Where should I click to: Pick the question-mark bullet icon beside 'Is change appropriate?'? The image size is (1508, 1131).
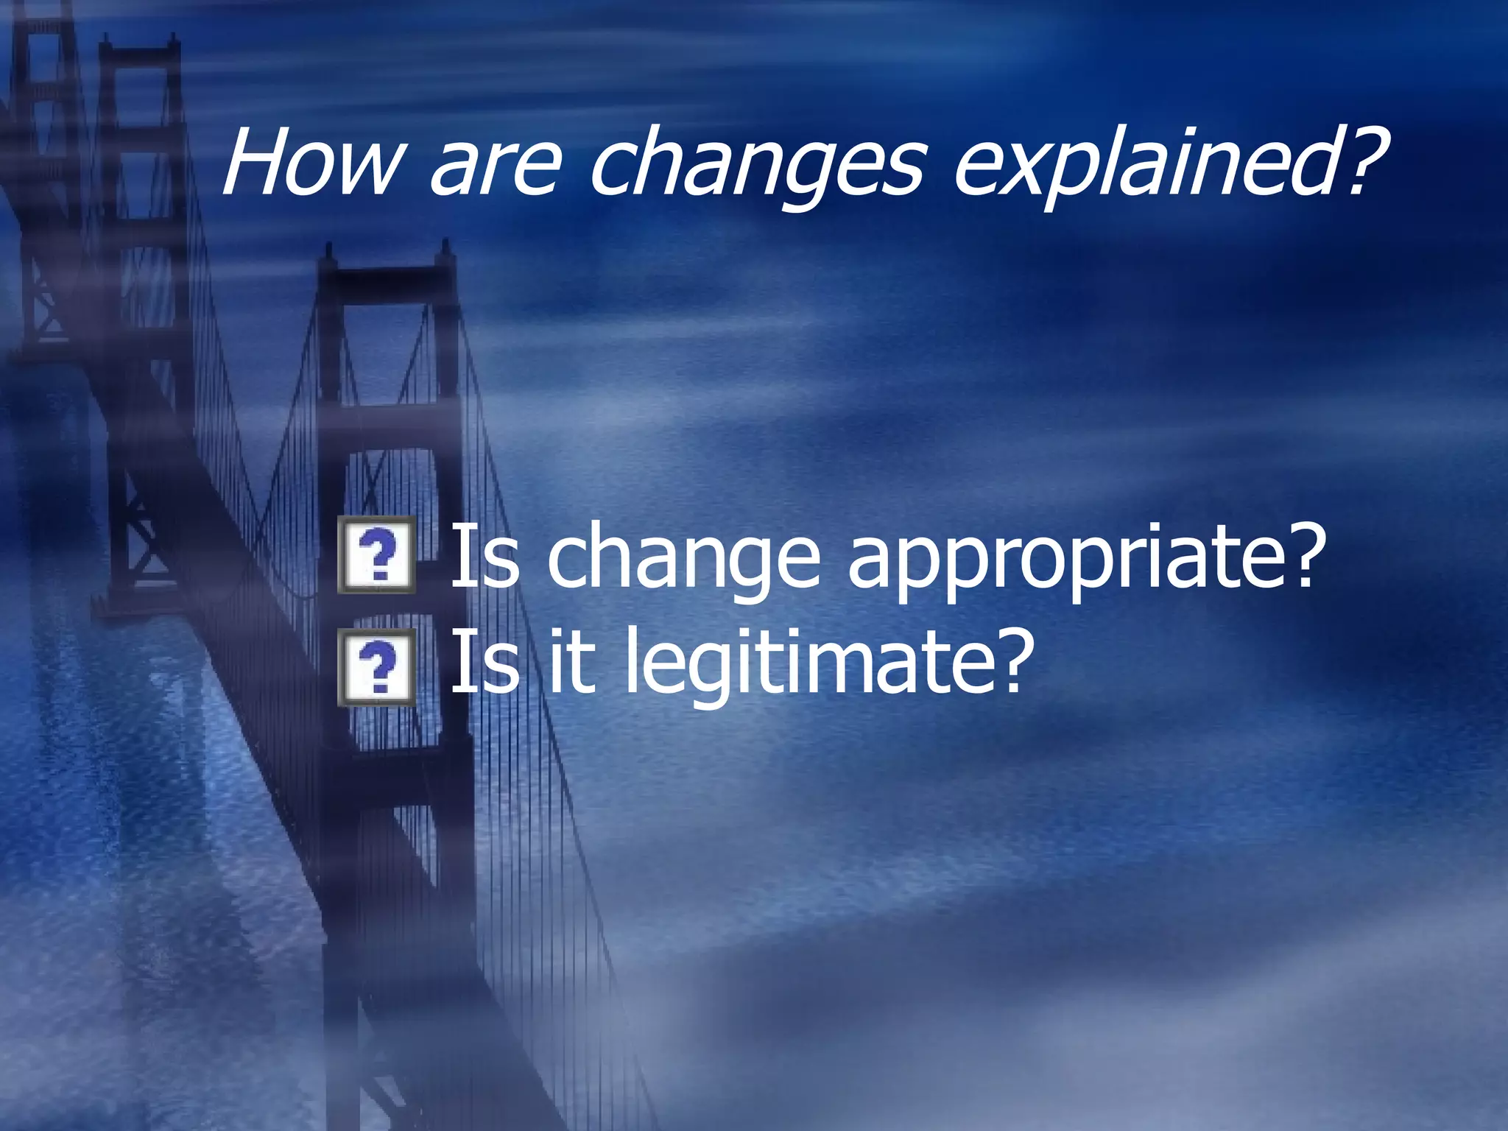(377, 556)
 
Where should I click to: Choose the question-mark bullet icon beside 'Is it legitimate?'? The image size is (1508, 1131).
(377, 667)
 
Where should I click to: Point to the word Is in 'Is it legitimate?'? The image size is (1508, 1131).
(484, 660)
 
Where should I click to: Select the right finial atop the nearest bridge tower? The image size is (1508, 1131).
(445, 250)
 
